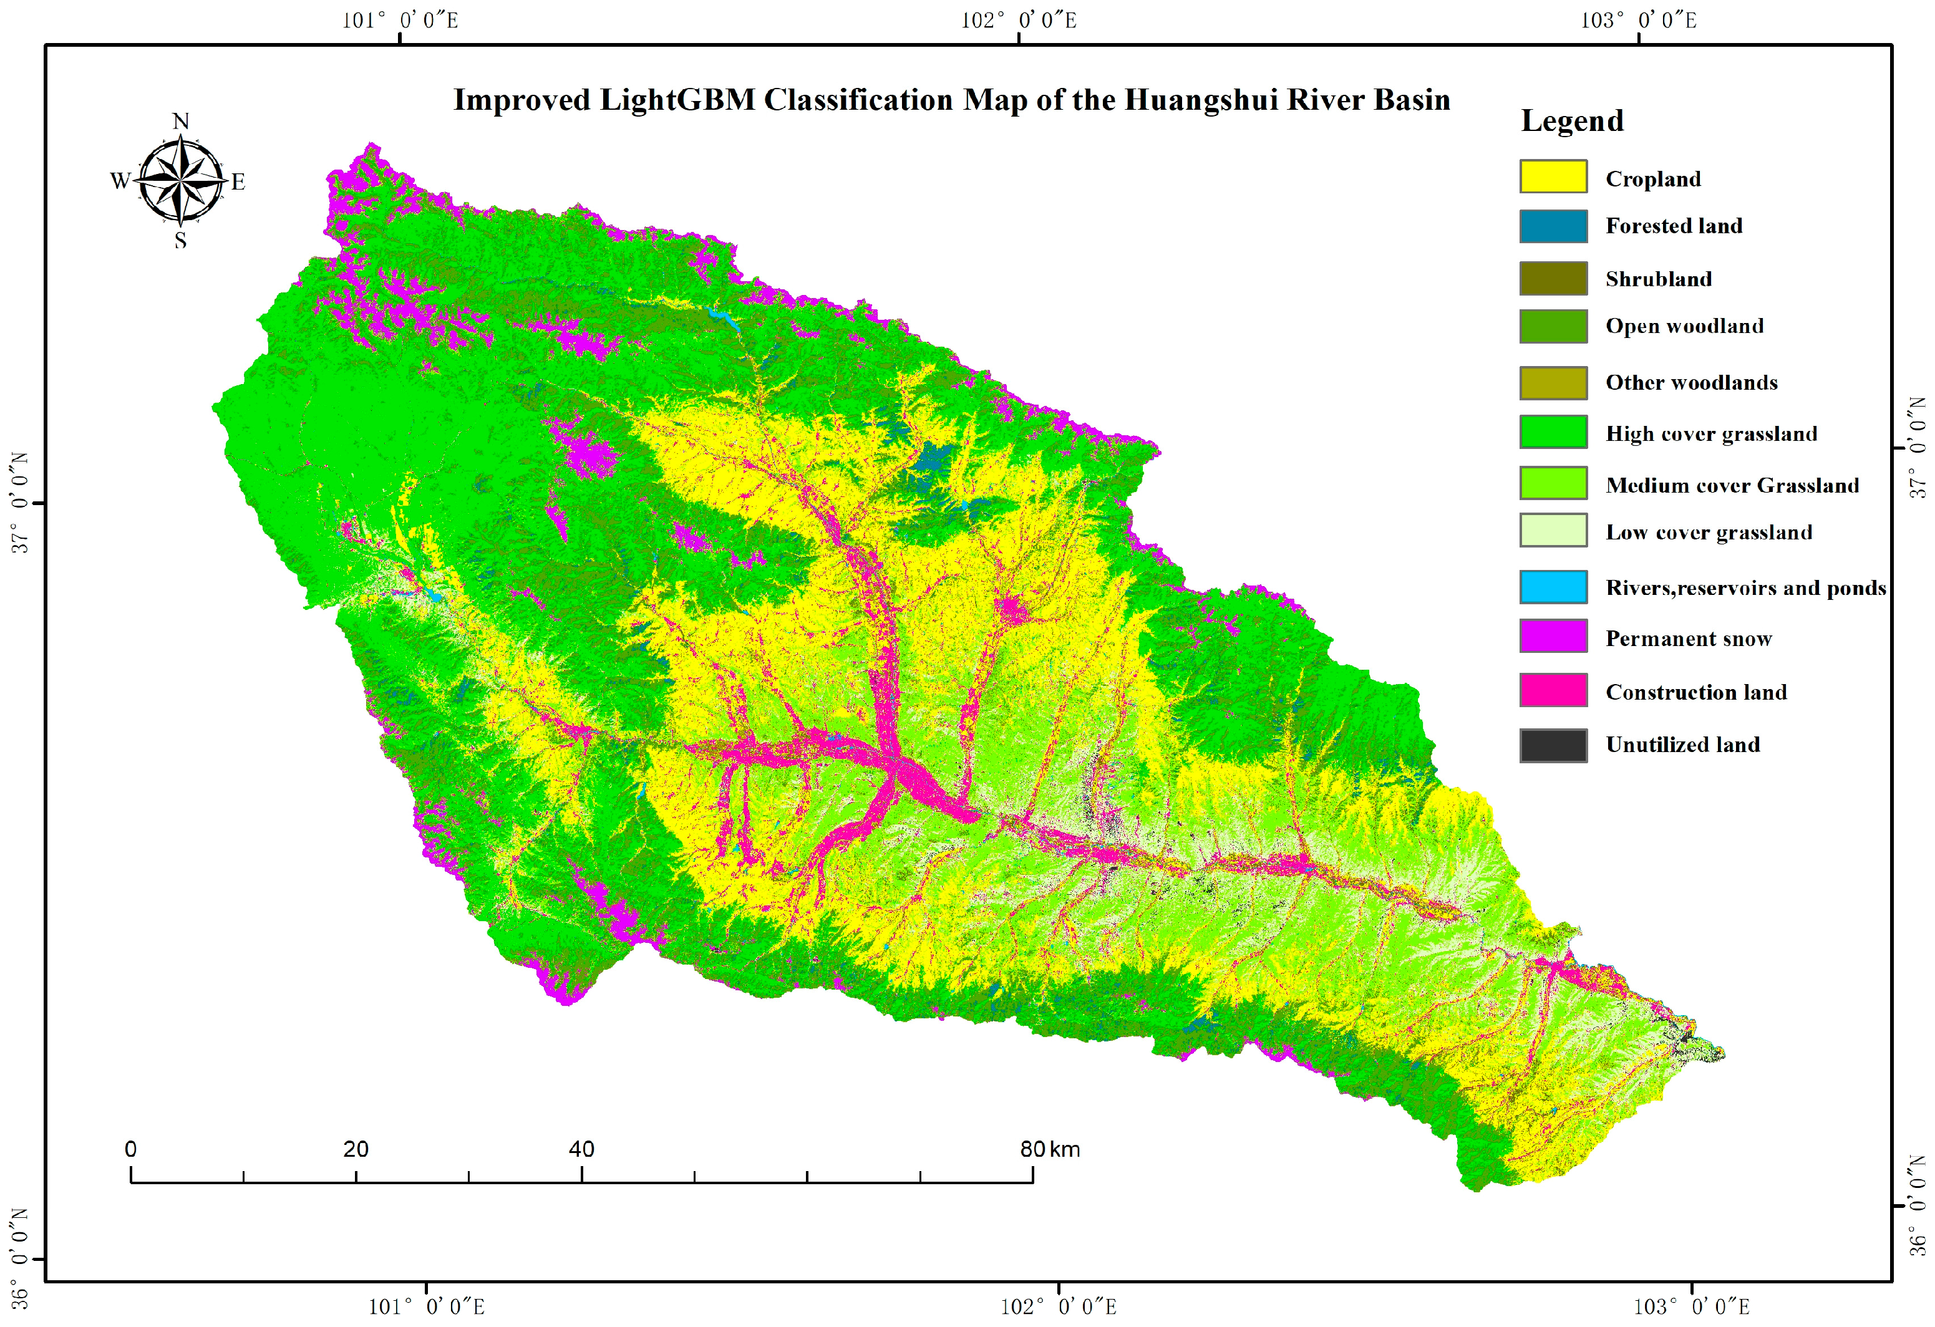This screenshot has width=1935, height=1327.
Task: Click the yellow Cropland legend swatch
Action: point(1553,177)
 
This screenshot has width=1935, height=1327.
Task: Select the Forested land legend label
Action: point(1674,226)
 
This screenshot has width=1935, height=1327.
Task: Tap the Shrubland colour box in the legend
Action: point(1553,279)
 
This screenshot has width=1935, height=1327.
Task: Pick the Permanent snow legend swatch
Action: point(1553,636)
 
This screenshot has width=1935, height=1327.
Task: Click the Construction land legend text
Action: point(1696,692)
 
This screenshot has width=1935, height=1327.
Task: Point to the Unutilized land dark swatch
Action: point(1553,746)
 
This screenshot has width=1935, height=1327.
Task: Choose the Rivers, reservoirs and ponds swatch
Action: point(1553,587)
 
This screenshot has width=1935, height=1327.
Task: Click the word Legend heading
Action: point(1572,122)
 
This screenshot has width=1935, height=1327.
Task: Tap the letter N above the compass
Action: point(181,122)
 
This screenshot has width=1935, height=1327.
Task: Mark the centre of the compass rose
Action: point(181,180)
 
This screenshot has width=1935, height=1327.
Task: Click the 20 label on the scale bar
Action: point(356,1150)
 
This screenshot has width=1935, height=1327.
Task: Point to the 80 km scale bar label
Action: point(1049,1150)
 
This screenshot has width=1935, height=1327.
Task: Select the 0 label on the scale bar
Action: point(131,1150)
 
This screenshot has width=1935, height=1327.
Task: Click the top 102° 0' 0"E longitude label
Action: point(1018,20)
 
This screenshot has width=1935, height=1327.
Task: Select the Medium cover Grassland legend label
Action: point(1732,485)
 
